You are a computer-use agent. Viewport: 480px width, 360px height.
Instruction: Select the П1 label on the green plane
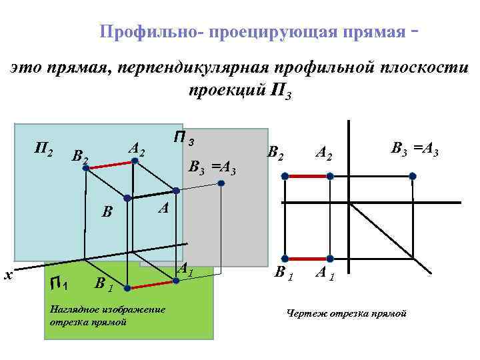59,285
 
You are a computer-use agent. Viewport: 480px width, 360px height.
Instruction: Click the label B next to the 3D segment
106,214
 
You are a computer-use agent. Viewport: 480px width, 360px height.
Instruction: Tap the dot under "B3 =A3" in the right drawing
413,176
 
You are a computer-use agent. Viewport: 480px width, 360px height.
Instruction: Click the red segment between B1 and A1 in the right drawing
307,258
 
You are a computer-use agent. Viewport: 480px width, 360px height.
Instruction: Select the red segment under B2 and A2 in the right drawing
307,176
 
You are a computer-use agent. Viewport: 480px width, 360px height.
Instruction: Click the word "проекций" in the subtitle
227,90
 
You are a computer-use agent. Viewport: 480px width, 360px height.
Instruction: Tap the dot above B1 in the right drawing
285,258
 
